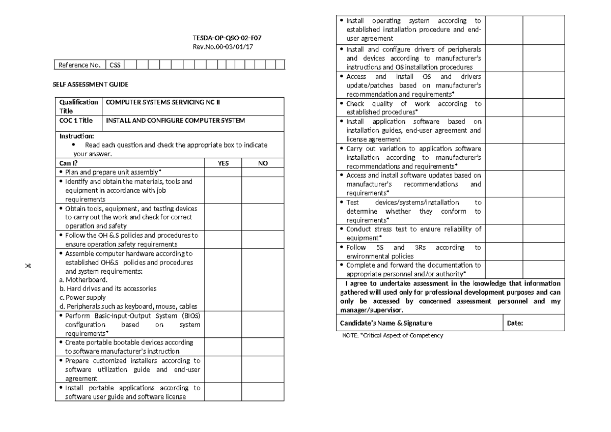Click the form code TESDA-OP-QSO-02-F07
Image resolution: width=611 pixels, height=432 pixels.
tap(220, 38)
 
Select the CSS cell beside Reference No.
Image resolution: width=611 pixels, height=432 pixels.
tap(115, 65)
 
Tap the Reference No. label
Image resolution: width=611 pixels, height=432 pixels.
tap(79, 65)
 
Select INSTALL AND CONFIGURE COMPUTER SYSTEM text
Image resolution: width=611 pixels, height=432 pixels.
tap(175, 121)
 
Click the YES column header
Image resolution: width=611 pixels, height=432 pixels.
tap(223, 163)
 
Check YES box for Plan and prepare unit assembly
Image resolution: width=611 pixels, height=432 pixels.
tap(223, 172)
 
